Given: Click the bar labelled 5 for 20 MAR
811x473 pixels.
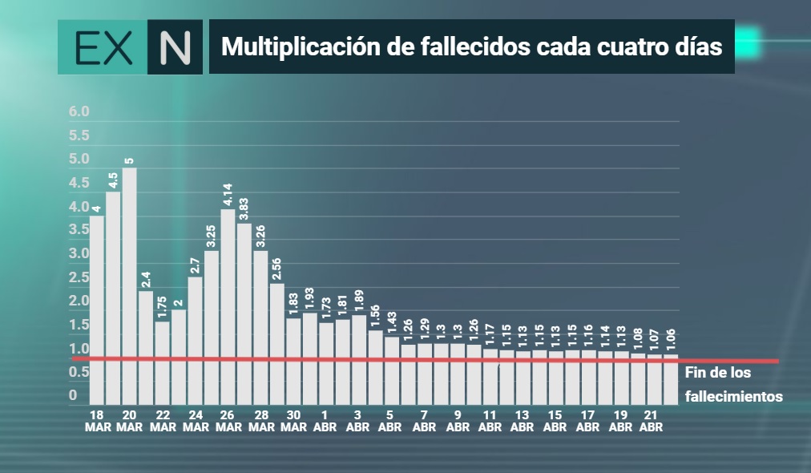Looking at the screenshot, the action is [129, 286].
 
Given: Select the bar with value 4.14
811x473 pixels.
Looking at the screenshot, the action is [228, 307].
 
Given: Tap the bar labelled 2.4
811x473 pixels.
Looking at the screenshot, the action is [146, 348].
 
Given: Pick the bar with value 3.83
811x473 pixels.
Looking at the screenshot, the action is [244, 314].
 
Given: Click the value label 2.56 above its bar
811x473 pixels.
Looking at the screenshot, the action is [276, 269].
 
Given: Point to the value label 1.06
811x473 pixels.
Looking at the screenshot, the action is [670, 339].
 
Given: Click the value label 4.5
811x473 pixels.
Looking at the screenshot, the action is [113, 180].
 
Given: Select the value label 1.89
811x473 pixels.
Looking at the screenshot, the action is [358, 301].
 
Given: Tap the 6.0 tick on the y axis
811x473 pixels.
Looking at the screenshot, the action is [79, 111].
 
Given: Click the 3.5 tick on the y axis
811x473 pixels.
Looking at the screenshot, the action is [79, 229].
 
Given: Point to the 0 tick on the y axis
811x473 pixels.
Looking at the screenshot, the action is [73, 395].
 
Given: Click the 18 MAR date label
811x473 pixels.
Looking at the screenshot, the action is [97, 421].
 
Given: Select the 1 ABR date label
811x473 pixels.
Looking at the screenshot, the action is [325, 421].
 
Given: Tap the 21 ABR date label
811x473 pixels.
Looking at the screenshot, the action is [651, 421].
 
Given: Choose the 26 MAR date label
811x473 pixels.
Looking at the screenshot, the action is [228, 421].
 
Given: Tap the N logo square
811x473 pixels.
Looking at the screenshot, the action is [175, 47].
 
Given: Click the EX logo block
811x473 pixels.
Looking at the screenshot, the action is [103, 47].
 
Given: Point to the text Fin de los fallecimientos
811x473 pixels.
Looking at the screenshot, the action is [733, 385].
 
